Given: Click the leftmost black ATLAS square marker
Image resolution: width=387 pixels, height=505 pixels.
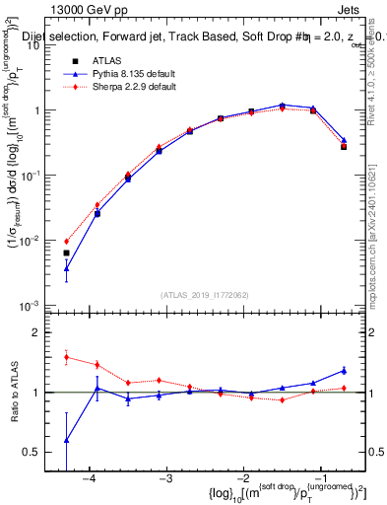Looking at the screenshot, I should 66,253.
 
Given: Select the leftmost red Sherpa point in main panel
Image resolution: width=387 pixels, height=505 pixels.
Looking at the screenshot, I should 66,241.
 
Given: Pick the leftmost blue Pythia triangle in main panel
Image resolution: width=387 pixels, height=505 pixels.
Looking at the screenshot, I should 66,267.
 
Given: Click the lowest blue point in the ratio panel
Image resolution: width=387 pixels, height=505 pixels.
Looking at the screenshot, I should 66,440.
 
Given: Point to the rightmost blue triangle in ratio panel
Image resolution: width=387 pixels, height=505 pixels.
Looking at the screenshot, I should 344,371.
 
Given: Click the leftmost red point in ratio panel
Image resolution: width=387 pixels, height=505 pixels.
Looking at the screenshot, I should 66,357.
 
